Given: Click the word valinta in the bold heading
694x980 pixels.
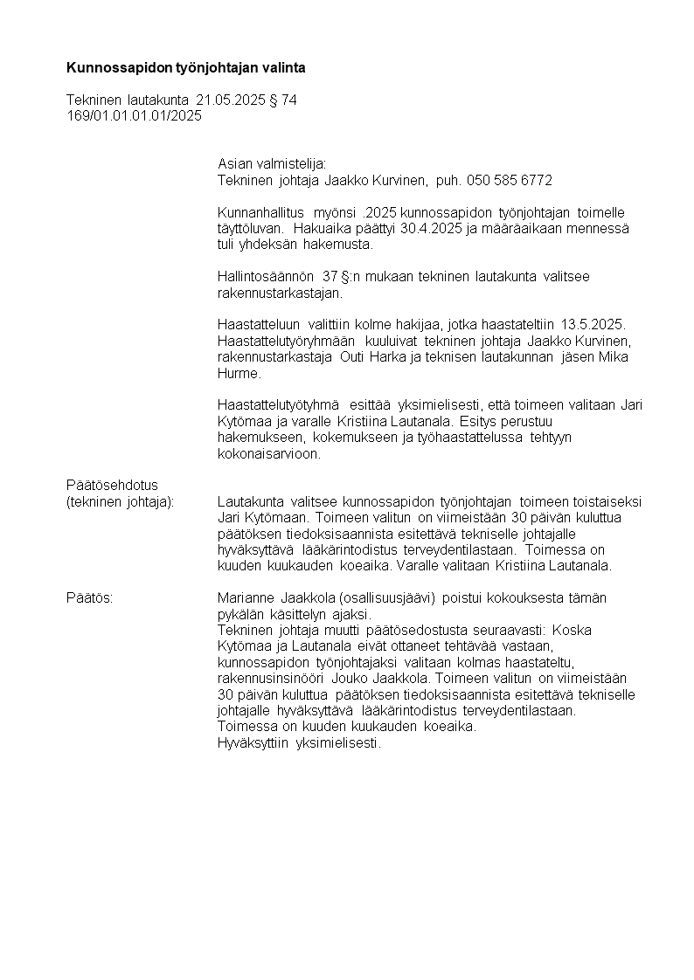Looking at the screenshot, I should [x=284, y=66].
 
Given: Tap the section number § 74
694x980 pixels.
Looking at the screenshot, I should [x=282, y=100].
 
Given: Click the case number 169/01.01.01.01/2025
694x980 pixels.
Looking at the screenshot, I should [x=134, y=115].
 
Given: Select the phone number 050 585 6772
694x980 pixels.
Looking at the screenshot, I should [x=510, y=180].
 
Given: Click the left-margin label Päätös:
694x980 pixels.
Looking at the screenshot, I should [x=90, y=597].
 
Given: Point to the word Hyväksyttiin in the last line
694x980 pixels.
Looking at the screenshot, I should [x=253, y=742].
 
